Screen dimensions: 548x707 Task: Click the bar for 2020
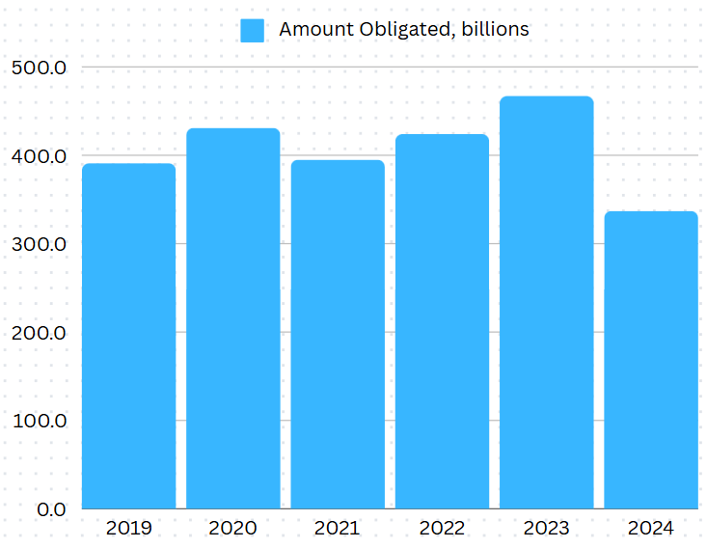(x=232, y=318)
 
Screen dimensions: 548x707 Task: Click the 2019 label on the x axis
(x=128, y=528)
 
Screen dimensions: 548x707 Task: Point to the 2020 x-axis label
(x=232, y=528)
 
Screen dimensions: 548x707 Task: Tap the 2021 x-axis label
(x=338, y=528)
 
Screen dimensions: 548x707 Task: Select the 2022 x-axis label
(x=442, y=528)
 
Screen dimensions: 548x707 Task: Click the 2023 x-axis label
(x=546, y=528)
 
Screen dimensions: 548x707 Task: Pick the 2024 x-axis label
(x=651, y=528)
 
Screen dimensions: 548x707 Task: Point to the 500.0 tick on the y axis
(x=39, y=68)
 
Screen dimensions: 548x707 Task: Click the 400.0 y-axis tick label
(x=39, y=156)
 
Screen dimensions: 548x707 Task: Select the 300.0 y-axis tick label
(x=39, y=244)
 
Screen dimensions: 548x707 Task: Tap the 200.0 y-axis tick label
(x=39, y=333)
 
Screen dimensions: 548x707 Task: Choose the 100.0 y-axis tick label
(x=39, y=422)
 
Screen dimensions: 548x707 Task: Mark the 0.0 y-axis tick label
(x=46, y=509)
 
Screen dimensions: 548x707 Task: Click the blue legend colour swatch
(x=253, y=30)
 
